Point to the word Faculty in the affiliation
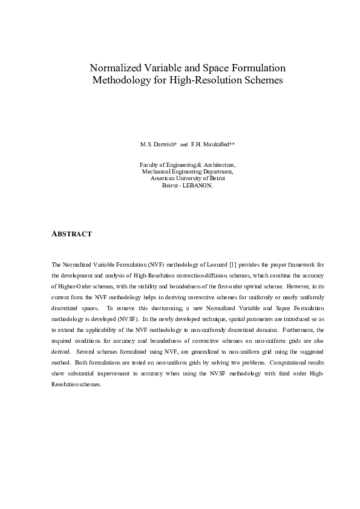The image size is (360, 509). click(x=149, y=164)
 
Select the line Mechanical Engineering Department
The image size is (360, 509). click(x=187, y=172)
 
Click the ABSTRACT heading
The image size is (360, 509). click(x=71, y=233)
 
